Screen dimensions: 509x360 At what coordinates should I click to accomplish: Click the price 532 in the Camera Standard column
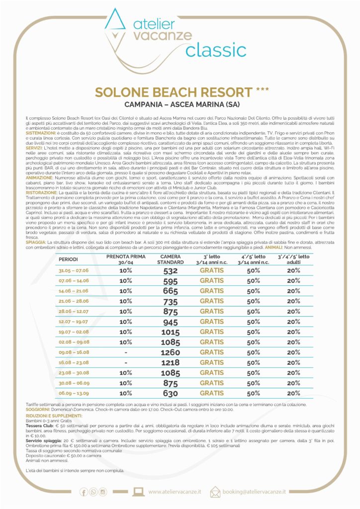pos(171,270)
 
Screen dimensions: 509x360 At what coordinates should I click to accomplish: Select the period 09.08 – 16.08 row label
pos(74,352)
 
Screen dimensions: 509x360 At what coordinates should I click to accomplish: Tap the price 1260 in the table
pos(171,352)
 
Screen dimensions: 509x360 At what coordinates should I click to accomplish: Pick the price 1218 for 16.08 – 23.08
pos(171,362)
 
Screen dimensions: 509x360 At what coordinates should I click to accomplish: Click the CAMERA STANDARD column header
pos(171,259)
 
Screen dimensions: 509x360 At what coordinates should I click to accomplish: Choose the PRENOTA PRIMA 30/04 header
pos(126,259)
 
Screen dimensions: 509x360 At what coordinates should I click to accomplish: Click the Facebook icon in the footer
pos(83,492)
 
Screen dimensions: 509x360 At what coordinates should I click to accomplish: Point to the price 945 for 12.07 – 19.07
pos(171,322)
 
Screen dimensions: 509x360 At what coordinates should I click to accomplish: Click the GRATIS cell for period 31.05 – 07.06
pos(212,270)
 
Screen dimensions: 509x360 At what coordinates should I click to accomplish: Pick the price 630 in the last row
pos(171,393)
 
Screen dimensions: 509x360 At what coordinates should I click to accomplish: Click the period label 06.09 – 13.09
pos(74,393)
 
